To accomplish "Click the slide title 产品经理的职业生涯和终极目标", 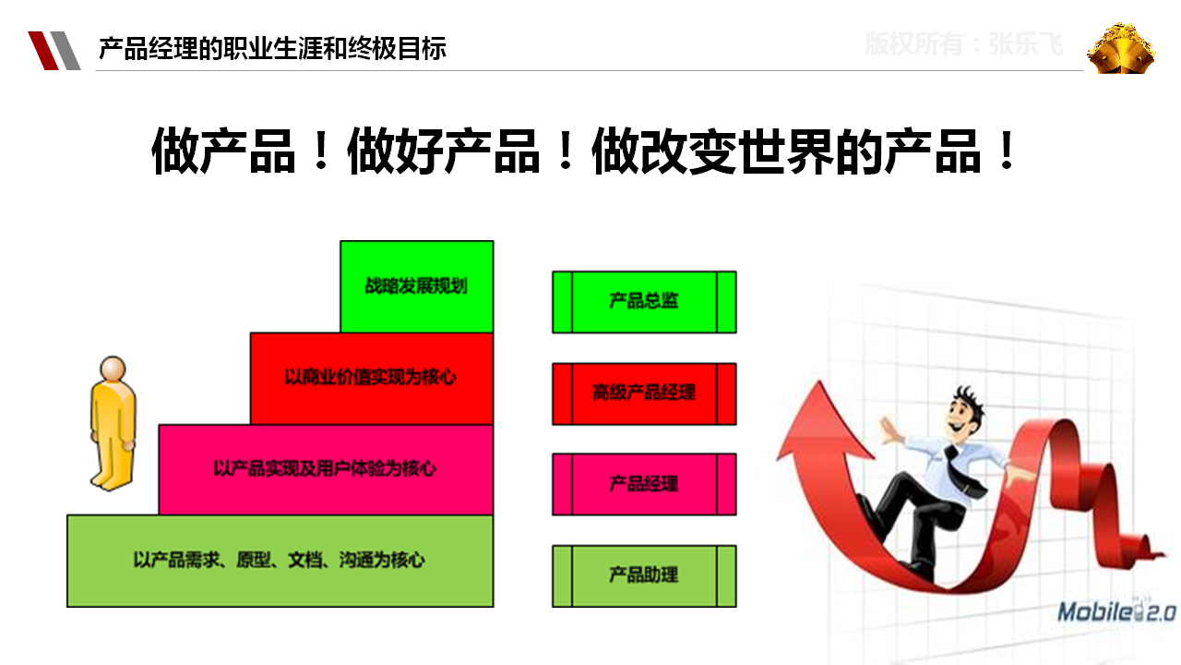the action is tap(272, 49).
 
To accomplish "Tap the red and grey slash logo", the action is tap(54, 51).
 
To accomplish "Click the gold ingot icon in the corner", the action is tap(1120, 48).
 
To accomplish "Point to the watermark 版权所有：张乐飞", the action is tap(964, 43).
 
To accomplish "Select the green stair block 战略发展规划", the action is tap(416, 286).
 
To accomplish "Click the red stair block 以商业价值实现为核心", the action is tap(372, 379).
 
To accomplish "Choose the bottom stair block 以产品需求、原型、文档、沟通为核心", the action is tap(280, 561).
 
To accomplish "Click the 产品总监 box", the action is tap(644, 302).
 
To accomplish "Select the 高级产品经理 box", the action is tap(644, 393).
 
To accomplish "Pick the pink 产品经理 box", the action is tap(644, 485).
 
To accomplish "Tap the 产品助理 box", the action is tap(644, 575).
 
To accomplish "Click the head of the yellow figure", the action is tap(113, 369).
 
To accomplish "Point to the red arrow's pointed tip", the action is tap(818, 383).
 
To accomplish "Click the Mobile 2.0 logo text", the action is tap(1116, 612).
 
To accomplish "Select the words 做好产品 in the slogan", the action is tap(444, 151).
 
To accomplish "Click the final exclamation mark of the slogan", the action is tap(1007, 151).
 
